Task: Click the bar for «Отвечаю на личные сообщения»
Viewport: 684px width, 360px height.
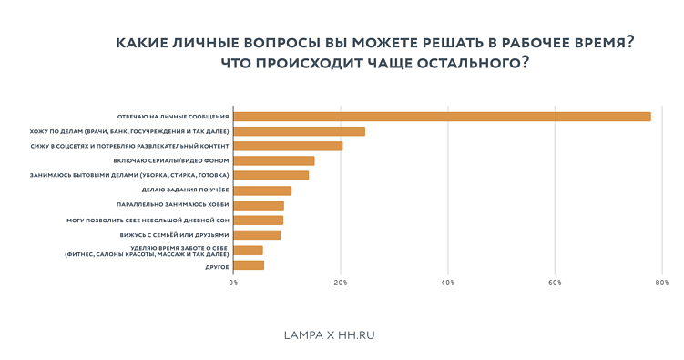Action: tap(442, 117)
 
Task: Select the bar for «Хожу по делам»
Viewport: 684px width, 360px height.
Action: tap(299, 131)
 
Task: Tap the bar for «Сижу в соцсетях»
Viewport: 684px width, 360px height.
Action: tap(288, 146)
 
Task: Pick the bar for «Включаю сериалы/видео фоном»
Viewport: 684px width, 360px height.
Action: tap(273, 160)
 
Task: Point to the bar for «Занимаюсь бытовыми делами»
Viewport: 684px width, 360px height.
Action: tap(271, 175)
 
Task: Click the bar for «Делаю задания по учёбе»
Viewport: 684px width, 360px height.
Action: tap(262, 190)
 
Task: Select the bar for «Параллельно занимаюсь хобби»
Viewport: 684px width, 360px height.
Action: tap(259, 205)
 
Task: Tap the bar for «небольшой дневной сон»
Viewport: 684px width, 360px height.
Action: tap(258, 220)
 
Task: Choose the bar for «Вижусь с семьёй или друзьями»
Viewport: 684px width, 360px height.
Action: tap(257, 235)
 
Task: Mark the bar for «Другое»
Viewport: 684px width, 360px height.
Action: tap(249, 265)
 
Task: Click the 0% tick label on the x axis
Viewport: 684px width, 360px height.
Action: tap(233, 283)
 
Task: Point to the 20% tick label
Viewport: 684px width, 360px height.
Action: tap(341, 283)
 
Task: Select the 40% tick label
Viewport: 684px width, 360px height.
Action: tap(447, 283)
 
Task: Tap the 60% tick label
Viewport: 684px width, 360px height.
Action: tap(555, 283)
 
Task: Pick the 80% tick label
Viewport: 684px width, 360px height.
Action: tap(662, 283)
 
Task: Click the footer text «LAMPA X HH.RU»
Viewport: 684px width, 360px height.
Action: tap(330, 335)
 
